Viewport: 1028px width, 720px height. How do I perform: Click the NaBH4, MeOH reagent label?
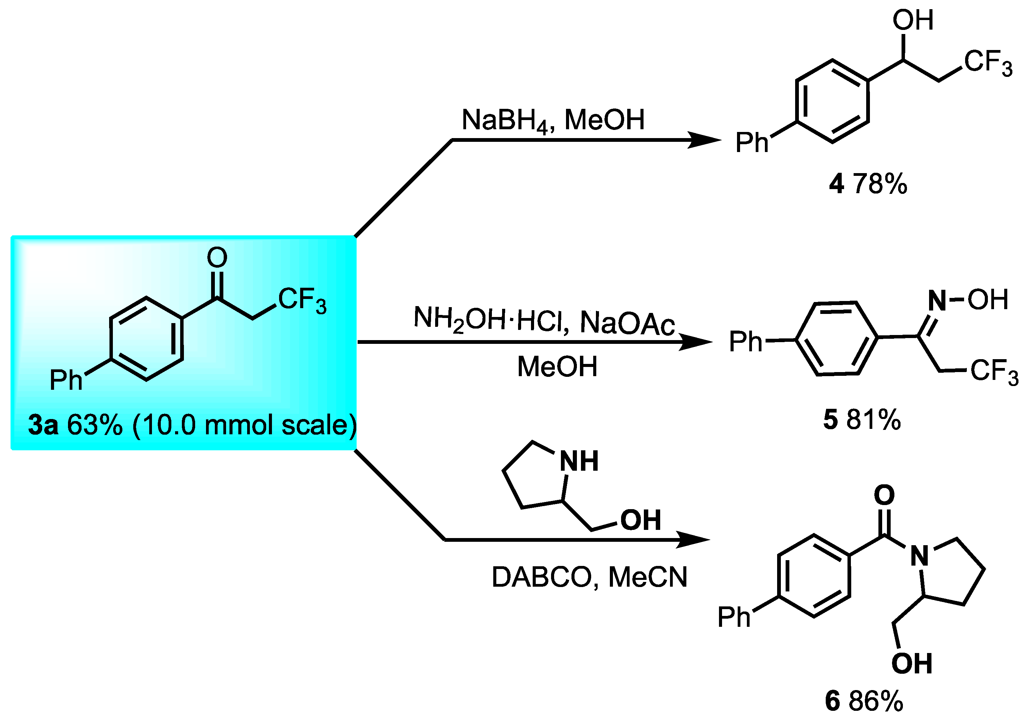click(553, 120)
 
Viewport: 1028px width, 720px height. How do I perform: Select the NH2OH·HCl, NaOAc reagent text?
click(544, 321)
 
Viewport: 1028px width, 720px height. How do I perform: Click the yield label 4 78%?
click(868, 184)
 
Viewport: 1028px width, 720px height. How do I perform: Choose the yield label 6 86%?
click(864, 701)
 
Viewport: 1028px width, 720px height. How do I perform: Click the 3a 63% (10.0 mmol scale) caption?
click(192, 425)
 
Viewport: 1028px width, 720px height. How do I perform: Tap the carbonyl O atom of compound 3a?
click(217, 257)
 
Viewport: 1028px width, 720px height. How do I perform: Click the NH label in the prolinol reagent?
click(579, 461)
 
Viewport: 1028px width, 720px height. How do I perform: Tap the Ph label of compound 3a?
click(66, 380)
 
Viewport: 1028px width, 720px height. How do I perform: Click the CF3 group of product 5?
click(994, 371)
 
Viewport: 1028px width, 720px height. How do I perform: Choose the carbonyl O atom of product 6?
click(884, 495)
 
